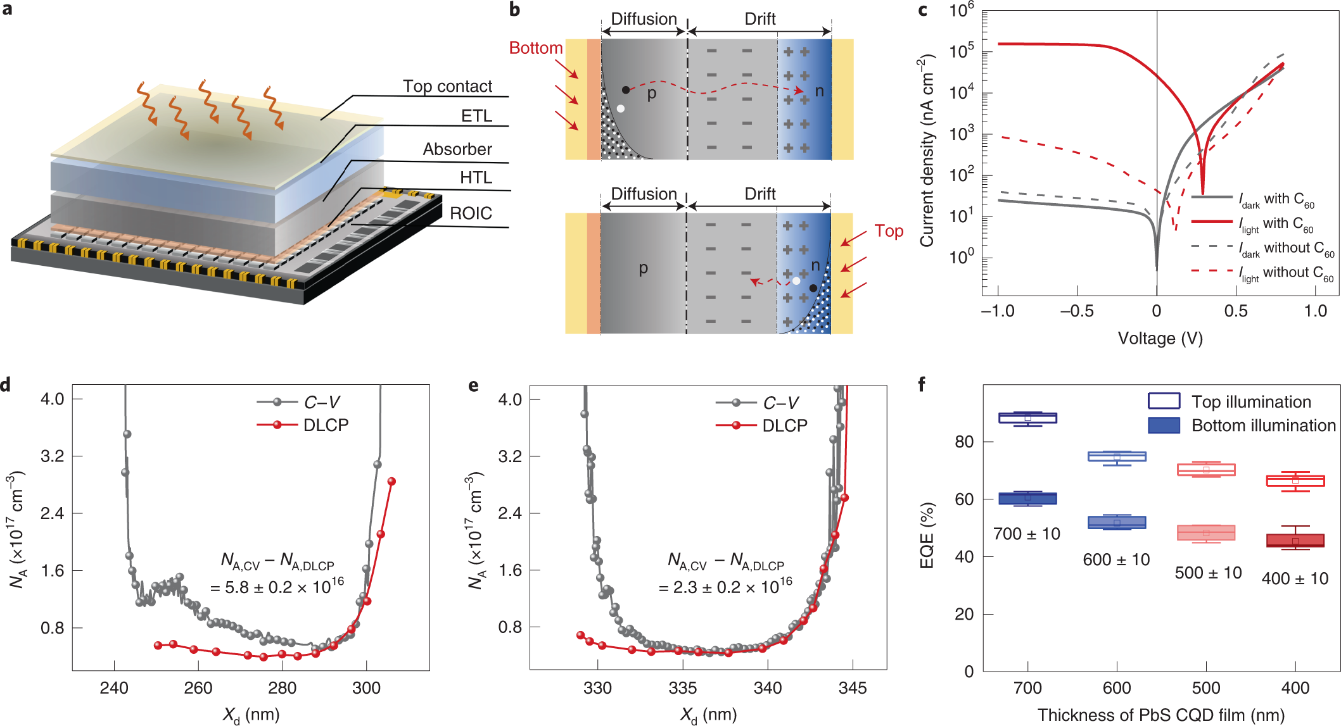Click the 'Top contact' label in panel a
(x=447, y=86)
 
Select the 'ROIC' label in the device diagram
(x=471, y=213)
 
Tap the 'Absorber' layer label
(x=457, y=149)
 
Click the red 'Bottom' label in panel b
(x=536, y=48)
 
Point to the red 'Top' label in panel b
(x=889, y=231)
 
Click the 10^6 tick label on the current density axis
(x=962, y=11)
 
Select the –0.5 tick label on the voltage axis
(x=1077, y=311)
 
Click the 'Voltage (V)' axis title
(x=1160, y=339)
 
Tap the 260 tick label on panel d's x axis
(x=198, y=688)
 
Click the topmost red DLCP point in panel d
(x=391, y=482)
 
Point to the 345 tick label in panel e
(x=853, y=688)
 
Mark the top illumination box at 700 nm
(x=1027, y=418)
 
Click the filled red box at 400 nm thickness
(x=1295, y=541)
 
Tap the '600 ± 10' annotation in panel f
(x=1116, y=560)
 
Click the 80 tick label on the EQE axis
(x=964, y=442)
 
